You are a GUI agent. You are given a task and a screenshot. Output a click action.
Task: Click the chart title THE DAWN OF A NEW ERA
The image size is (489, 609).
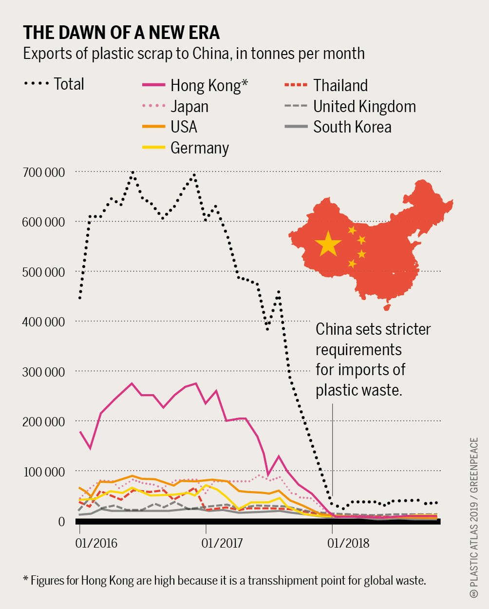121,33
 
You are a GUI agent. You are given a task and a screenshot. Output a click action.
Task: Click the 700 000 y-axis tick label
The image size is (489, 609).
43,172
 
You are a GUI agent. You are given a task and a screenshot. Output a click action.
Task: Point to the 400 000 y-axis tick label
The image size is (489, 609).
43,322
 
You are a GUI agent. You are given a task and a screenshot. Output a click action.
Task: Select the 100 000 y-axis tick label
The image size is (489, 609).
43,472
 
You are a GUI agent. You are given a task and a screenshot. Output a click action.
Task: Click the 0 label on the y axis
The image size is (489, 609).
61,522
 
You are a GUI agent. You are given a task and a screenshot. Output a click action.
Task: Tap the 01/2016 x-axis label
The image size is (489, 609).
96,543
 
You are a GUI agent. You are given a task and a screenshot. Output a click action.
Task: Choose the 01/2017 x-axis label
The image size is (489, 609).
222,543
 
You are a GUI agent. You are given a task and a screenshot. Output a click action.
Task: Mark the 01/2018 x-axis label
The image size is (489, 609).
348,543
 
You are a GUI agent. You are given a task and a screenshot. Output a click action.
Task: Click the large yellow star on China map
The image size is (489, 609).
328,244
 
